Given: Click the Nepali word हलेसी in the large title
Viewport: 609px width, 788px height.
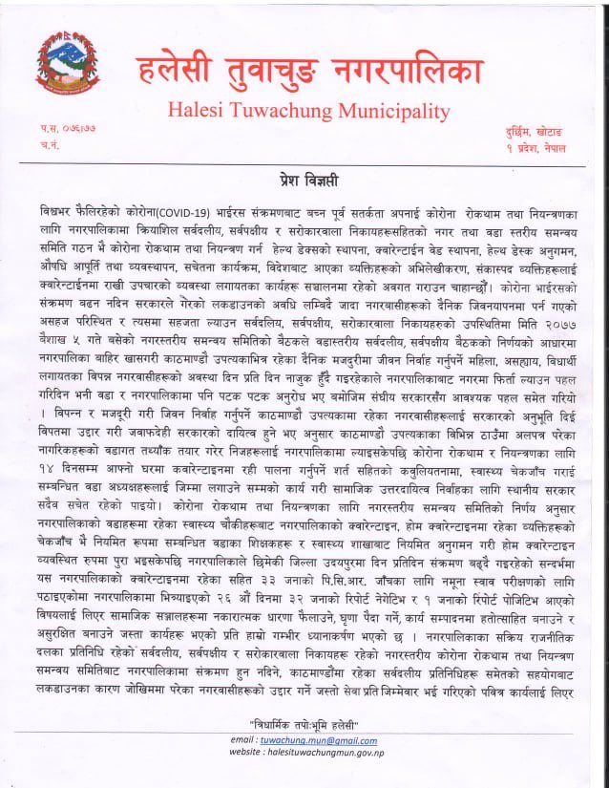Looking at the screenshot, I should (182, 69).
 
